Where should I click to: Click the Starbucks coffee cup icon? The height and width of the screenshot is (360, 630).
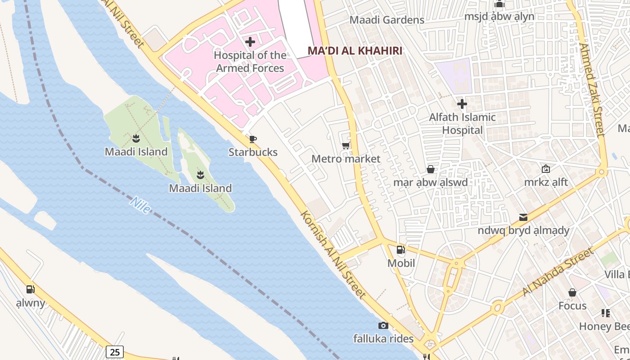point(253,139)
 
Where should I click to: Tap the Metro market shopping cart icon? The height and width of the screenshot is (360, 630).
point(346,145)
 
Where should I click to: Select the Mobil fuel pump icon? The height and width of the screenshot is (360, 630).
point(400,250)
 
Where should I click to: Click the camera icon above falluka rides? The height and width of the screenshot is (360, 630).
point(383,325)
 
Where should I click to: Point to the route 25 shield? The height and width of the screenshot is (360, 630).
point(115,351)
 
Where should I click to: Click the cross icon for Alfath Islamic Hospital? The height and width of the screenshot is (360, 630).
point(462,104)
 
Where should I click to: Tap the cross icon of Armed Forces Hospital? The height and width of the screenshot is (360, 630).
point(250,42)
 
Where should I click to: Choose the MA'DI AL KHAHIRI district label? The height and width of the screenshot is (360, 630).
point(355,50)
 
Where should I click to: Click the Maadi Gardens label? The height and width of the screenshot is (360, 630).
point(387,20)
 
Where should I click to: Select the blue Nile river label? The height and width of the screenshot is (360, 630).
point(140,205)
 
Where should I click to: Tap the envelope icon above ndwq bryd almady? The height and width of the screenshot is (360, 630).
point(523,217)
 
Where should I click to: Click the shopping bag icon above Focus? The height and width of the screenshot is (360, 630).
point(572,293)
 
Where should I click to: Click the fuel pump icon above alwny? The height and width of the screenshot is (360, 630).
point(30,289)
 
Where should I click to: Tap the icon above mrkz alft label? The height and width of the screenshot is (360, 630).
point(546,169)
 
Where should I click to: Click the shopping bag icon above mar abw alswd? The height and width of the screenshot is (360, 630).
point(431,169)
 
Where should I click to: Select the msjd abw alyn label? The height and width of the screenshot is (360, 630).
point(499,17)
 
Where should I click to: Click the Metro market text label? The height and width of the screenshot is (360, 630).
point(346,159)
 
